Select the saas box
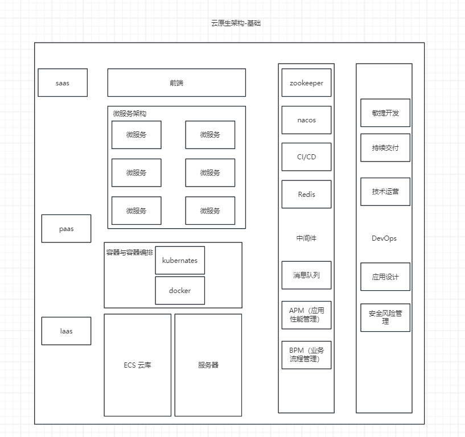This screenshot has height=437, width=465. click(x=63, y=83)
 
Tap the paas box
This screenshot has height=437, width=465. click(x=66, y=229)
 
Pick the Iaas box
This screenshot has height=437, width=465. click(x=66, y=331)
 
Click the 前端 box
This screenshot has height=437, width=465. click(x=176, y=83)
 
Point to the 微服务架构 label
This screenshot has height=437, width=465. click(x=130, y=114)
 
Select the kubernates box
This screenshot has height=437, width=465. click(x=180, y=261)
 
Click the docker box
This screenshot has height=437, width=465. click(x=180, y=291)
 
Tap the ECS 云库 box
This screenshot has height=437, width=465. click(x=137, y=365)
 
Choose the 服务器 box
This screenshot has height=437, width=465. click(x=208, y=365)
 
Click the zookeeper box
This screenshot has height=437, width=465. click(x=306, y=83)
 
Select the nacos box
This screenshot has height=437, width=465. click(x=306, y=120)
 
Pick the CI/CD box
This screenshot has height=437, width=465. click(x=306, y=157)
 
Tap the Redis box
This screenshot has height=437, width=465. click(x=306, y=195)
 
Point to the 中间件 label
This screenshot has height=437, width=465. click(x=306, y=238)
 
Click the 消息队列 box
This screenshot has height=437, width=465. click(x=306, y=275)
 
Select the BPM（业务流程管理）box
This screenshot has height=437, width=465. click(x=306, y=354)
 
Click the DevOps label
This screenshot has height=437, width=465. click(x=384, y=238)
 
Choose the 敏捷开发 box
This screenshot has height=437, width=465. click(x=385, y=113)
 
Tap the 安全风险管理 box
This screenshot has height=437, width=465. click(x=385, y=318)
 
